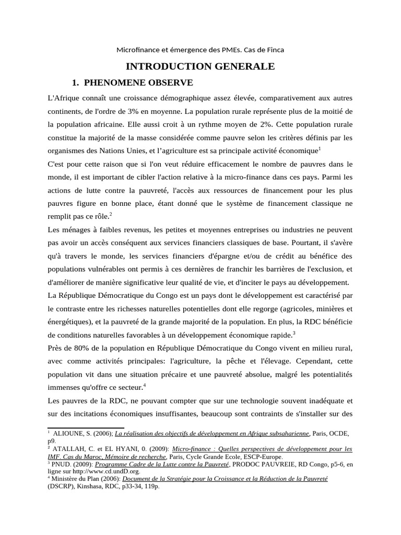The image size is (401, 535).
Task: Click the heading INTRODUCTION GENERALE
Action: click(200, 66)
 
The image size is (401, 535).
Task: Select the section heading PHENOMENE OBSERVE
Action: click(138, 83)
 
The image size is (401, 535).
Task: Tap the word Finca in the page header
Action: click(275, 50)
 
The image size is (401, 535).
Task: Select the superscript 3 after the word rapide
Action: click(294, 333)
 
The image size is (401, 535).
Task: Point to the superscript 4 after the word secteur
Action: click(144, 385)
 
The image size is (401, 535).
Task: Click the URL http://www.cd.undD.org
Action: click(89, 471)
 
